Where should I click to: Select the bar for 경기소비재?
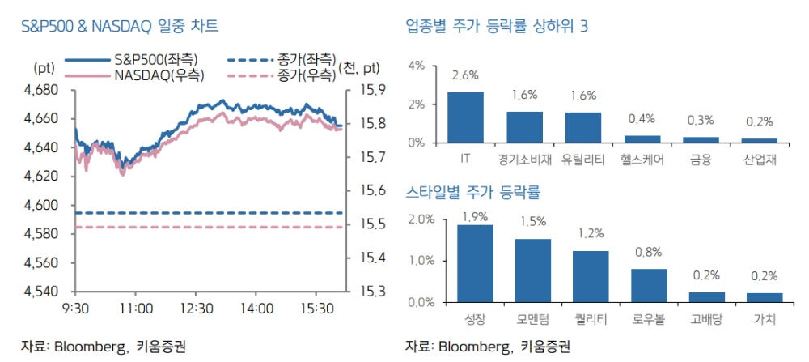point(524,127)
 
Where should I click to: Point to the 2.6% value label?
point(465,75)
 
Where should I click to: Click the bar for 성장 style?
point(475,263)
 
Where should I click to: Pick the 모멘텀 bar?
point(533,270)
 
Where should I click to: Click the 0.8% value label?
point(649,252)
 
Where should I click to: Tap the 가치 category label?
point(765,319)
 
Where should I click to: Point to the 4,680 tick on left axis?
point(51,89)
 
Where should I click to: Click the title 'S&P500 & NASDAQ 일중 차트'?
point(119,27)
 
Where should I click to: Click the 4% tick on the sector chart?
point(416,65)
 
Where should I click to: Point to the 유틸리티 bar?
point(583,127)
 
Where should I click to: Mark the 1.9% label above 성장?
point(475,215)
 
